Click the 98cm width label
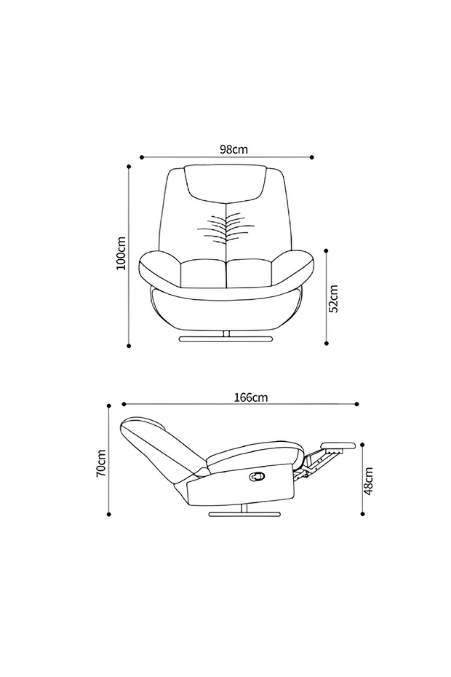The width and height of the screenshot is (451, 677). pos(234,149)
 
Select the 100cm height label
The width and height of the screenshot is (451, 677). pos(121,253)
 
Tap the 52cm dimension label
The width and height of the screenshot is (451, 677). pos(334,298)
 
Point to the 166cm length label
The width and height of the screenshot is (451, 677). pos(251,397)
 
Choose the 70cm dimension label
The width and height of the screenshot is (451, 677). pos(100,463)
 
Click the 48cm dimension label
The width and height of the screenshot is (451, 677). pos(368,480)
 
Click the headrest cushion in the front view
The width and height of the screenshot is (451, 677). pos(225,182)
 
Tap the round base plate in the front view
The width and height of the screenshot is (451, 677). pos(225,339)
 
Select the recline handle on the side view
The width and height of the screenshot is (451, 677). pos(258,475)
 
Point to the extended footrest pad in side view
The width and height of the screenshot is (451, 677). pos(338,445)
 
